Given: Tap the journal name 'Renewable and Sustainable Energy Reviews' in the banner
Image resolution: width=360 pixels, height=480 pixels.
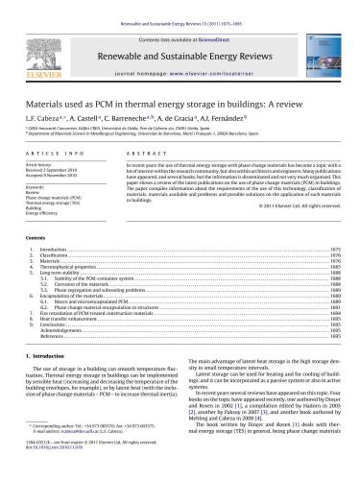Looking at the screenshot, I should [179, 44].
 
